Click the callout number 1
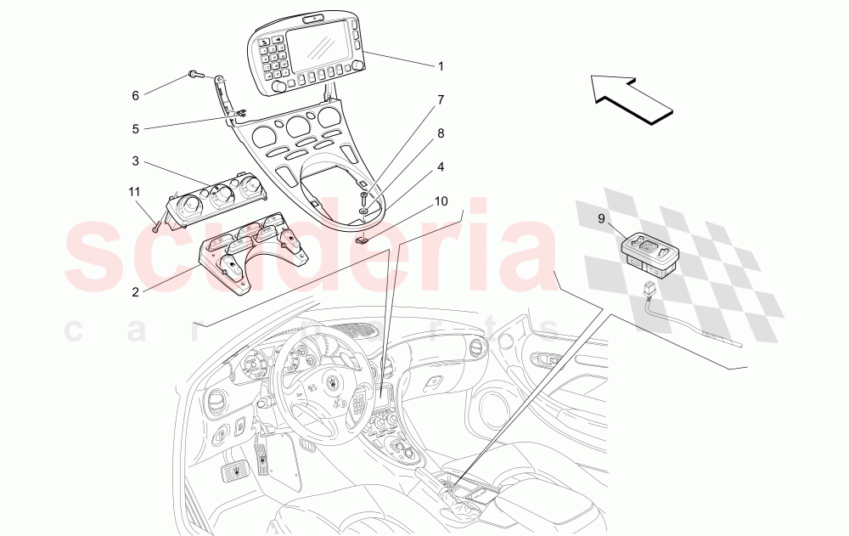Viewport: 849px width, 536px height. pos(440,65)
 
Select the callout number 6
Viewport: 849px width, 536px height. pos(135,96)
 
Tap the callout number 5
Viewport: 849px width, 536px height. pos(135,129)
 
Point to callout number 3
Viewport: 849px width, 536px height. pos(135,161)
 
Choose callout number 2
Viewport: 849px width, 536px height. pos(135,291)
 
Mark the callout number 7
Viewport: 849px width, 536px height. pos(440,99)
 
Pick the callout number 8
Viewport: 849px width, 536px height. pos(440,133)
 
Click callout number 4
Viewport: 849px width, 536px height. pos(440,167)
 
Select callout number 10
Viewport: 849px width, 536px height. pos(440,201)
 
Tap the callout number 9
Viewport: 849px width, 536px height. pos(601,218)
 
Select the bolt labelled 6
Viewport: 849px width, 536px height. pos(195,75)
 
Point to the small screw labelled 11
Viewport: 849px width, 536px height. pos(156,227)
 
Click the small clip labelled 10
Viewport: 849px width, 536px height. pos(363,239)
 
